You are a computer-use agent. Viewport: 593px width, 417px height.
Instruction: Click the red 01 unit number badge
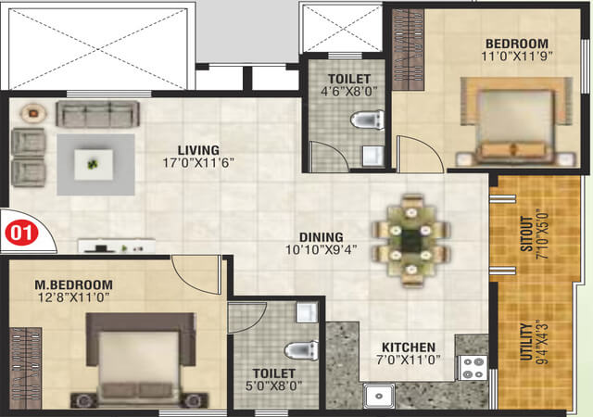[x=21, y=234]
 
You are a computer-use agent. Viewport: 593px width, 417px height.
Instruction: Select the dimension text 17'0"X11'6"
[x=198, y=163]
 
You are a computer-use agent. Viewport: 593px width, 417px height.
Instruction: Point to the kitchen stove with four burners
[x=473, y=368]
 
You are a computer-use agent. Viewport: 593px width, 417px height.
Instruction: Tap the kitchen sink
[x=379, y=396]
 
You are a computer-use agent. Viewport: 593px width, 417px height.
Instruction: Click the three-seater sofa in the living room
[x=98, y=114]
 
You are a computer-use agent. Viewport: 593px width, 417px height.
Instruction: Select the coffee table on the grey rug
[x=94, y=165]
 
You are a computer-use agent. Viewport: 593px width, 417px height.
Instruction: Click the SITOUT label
[x=526, y=234]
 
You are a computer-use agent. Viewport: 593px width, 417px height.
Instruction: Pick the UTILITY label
[x=526, y=341]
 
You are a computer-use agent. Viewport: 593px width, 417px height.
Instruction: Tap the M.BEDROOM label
[x=73, y=284]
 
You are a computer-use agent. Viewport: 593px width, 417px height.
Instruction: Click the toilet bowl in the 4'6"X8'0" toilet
[x=367, y=120]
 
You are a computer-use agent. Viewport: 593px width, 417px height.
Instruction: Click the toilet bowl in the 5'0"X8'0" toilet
[x=301, y=350]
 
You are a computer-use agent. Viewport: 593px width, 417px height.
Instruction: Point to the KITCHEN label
[x=409, y=347]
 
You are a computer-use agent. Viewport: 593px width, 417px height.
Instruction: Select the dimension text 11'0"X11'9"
[x=517, y=56]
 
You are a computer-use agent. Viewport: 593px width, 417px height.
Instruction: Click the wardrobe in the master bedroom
[x=25, y=368]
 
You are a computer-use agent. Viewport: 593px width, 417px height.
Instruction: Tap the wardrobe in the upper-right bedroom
[x=408, y=49]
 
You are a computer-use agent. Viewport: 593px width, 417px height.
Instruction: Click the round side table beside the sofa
[x=33, y=113]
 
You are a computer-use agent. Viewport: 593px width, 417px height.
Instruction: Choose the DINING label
[x=322, y=237]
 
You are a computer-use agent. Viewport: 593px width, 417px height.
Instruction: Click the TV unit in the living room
[x=117, y=246]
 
